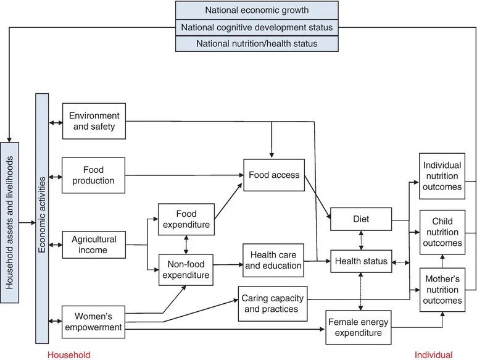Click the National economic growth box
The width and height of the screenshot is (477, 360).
tap(257, 10)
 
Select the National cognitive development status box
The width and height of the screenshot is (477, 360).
tap(257, 27)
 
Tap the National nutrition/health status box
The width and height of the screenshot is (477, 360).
tap(257, 43)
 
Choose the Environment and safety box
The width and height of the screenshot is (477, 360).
tap(94, 121)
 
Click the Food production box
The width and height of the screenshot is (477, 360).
tap(94, 175)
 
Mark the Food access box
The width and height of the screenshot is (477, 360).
tap(273, 175)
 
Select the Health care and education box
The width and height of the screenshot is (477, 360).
tap(273, 260)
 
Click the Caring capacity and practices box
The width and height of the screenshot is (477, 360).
tap(272, 303)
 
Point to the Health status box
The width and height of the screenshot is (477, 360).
tap(362, 261)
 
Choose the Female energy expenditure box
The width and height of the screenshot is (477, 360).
tap(359, 328)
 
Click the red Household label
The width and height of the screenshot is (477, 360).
tap(69, 354)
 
